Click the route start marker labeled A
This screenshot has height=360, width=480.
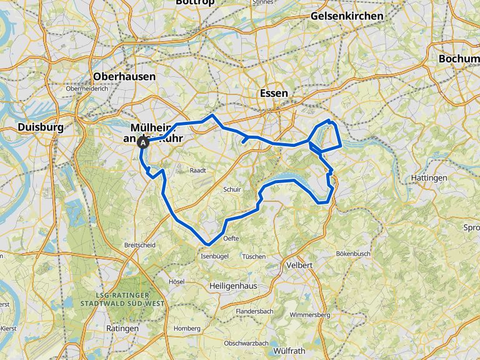point(143,142)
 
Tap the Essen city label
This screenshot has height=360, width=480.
point(274,93)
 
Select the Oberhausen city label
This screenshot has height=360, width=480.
point(124,76)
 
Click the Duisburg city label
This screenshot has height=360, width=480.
point(41,127)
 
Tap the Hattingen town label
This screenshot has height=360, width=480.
point(429,178)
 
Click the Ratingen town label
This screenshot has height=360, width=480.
point(122,328)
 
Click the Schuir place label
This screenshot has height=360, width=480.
point(232,189)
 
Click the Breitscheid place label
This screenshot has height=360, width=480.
point(140,245)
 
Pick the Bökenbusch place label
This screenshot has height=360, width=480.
point(353,254)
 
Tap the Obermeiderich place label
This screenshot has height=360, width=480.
point(87,89)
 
